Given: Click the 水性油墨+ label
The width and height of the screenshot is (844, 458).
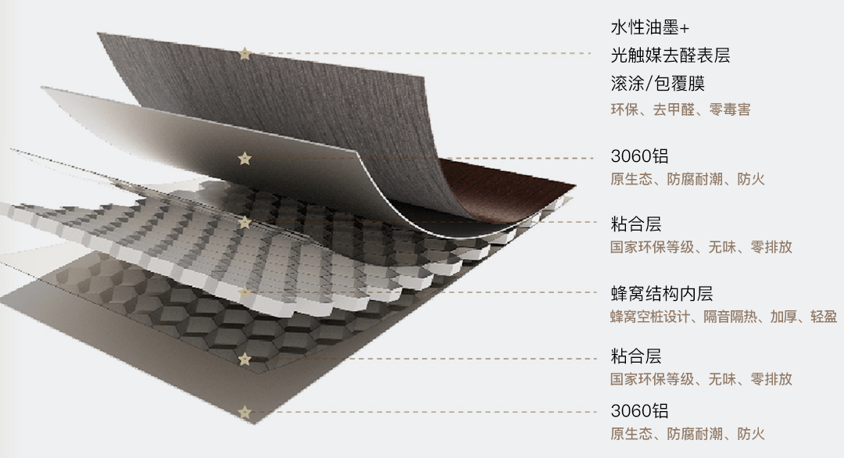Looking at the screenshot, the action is click(650, 28).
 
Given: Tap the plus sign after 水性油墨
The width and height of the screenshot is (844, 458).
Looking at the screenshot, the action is click(685, 29).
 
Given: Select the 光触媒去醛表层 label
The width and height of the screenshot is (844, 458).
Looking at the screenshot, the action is click(671, 55).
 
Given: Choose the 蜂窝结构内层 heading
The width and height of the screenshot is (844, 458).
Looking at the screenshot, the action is click(661, 294).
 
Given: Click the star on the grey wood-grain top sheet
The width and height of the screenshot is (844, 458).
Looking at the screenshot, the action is click(245, 54).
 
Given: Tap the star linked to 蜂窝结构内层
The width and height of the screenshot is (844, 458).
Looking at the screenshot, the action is click(245, 293).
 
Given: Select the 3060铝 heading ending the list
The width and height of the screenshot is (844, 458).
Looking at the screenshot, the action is click(639, 411).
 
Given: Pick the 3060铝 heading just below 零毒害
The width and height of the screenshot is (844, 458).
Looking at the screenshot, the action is click(639, 156).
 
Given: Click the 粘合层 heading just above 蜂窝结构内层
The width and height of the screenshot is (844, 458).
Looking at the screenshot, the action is click(635, 224).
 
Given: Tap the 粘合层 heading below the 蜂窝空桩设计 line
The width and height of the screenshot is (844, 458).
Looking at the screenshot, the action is click(635, 356).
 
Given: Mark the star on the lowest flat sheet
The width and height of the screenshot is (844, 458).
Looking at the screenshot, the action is click(245, 411).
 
